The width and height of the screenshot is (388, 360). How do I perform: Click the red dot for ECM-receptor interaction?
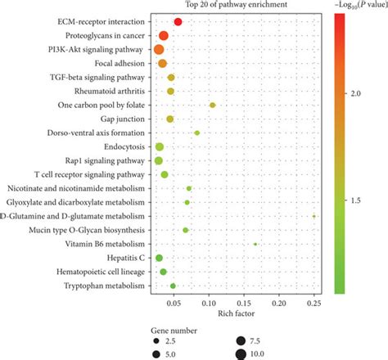coord(178,21)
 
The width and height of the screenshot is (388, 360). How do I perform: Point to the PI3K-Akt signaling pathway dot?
coord(160,49)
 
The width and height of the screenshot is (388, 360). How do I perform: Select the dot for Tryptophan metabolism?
coord(173,286)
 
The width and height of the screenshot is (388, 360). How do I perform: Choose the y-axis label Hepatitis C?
coord(128,258)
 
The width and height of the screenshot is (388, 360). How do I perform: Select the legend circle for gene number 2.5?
coord(155,338)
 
